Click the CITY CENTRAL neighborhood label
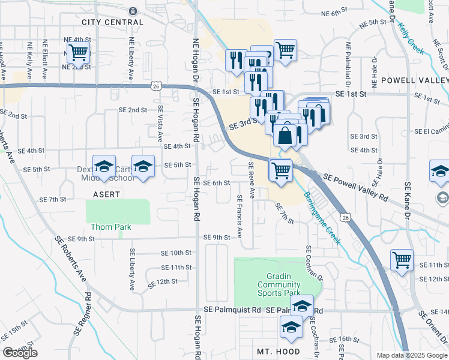[x=113, y=22]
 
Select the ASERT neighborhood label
[x=106, y=194]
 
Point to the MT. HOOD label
[x=278, y=352]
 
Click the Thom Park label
[x=110, y=227]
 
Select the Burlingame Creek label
[x=322, y=218]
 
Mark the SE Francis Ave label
[x=240, y=216]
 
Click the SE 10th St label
[x=175, y=253]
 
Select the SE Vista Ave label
[x=160, y=124]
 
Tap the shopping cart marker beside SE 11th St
[x=402, y=260]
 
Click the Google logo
[x=20, y=353]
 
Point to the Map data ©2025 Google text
[x=411, y=355]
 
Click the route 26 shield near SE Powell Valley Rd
[x=345, y=217]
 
